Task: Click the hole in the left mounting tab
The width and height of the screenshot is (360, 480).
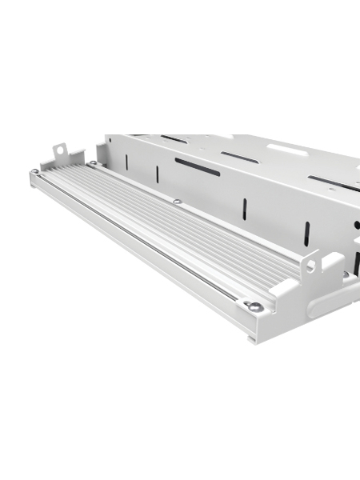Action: pos(58,150)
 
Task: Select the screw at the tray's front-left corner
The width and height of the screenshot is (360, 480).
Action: pos(34,172)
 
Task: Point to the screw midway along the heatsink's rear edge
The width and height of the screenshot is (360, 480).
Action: pos(176,201)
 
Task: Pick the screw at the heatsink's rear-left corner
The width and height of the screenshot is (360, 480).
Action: pos(93,164)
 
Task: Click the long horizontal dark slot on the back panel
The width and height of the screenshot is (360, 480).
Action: pos(197,166)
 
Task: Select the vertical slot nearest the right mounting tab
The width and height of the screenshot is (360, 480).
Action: pos(306,234)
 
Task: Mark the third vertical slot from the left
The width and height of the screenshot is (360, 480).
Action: pos(245,209)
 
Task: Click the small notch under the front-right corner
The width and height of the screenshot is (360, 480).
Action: pos(252,339)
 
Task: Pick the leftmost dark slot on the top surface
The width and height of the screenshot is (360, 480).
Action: pos(174,139)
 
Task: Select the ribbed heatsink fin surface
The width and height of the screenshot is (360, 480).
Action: pos(176,228)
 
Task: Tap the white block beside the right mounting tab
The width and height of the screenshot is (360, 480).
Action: pos(332,264)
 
